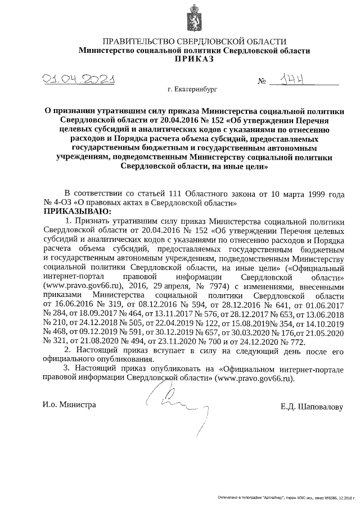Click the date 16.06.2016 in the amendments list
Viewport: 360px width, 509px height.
(x=73, y=304)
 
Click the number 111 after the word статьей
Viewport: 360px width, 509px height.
(x=169, y=193)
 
